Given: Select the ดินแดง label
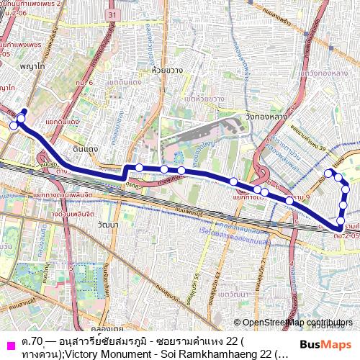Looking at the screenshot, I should tap(86, 149).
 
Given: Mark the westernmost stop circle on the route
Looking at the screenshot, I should tap(14, 126).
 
